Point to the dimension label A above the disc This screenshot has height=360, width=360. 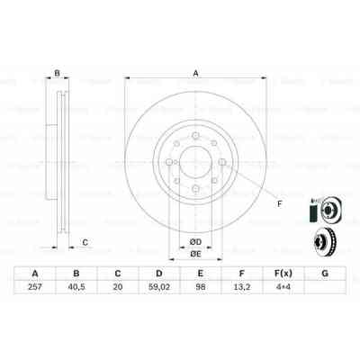pos(195,75)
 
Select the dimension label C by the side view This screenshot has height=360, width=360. pos(85,242)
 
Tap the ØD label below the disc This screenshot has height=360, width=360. pos(194,240)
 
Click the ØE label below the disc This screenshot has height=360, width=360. pos(194,254)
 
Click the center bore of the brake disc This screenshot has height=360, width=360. pos(195,167)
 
